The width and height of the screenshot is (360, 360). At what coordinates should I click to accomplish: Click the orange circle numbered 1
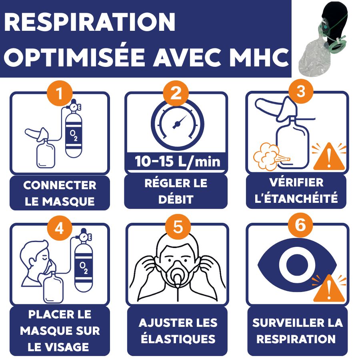[60, 94]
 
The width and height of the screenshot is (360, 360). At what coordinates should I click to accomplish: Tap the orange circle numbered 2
[176, 94]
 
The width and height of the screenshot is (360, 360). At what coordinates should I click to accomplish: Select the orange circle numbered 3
[301, 91]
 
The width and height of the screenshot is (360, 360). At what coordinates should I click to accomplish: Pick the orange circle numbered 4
[60, 228]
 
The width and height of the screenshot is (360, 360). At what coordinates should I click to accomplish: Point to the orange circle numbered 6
[300, 225]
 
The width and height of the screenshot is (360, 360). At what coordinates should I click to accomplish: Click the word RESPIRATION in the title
[90, 22]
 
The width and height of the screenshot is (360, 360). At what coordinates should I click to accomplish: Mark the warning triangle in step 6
[329, 289]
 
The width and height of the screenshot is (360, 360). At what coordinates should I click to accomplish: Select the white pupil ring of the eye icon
[296, 265]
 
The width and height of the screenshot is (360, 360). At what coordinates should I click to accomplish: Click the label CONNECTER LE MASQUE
[60, 193]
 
